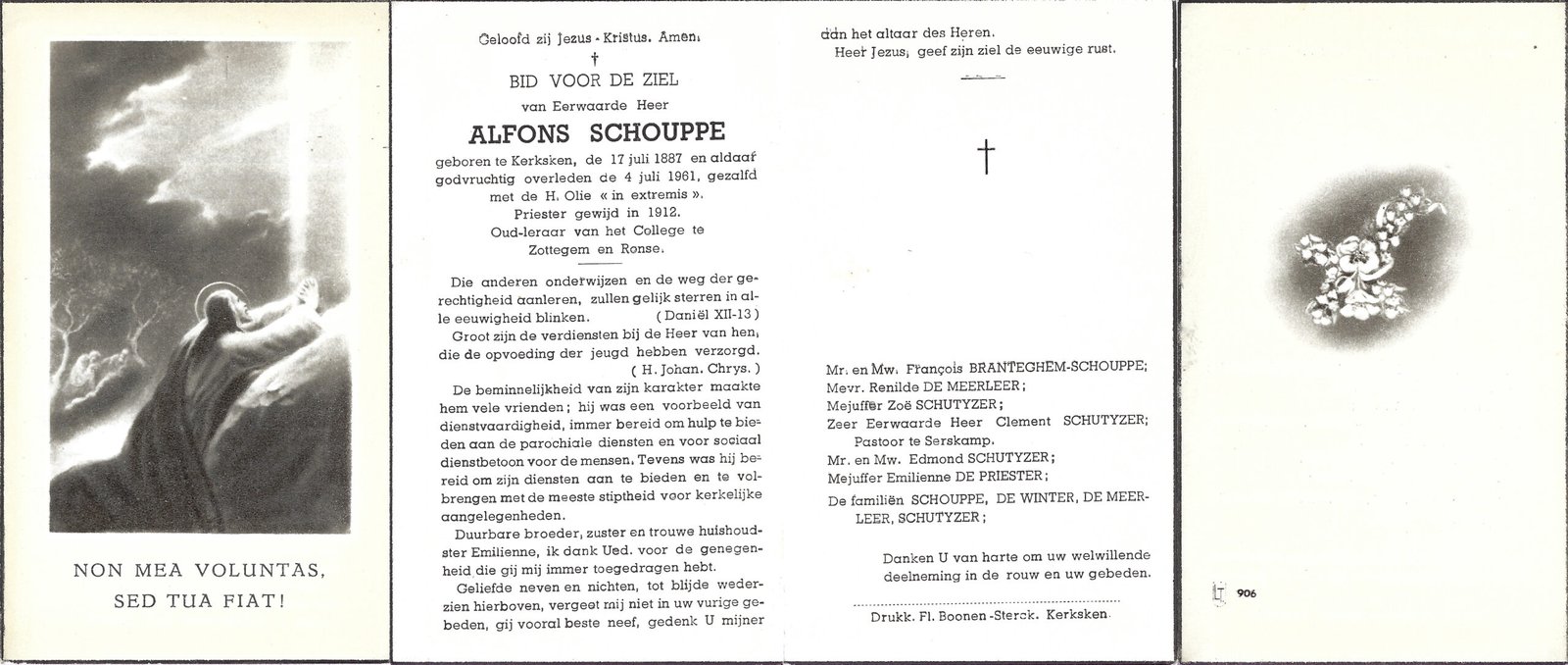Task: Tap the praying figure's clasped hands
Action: pyautogui.click(x=309, y=290)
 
